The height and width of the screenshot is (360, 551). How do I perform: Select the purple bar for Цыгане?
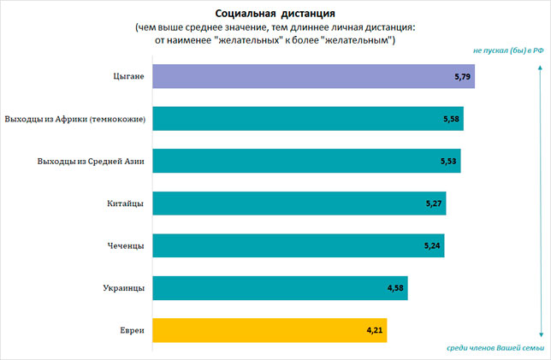point(312,76)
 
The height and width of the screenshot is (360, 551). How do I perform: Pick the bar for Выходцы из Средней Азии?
point(305,161)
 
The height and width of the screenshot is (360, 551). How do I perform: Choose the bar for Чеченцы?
point(297,245)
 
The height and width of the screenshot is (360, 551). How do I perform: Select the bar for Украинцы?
point(279,287)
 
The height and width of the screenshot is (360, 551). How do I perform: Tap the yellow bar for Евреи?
point(269,329)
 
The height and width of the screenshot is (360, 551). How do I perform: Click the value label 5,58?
point(452,119)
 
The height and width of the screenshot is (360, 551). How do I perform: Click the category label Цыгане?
point(127,77)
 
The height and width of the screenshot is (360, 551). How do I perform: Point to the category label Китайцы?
point(126,204)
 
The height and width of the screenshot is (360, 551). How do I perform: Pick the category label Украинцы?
point(123,288)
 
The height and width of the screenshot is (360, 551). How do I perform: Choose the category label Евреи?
point(131,330)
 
